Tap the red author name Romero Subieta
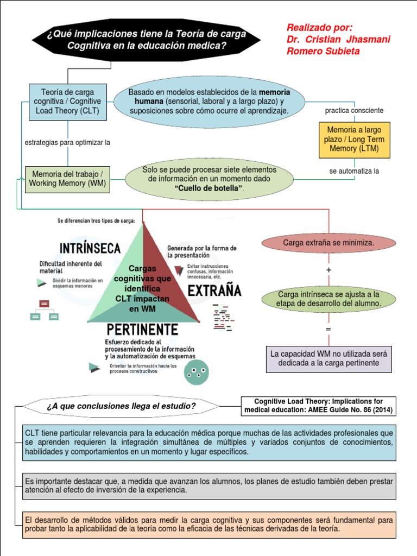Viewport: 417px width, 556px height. tap(323, 51)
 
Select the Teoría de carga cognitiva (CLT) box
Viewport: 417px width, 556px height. tap(67, 102)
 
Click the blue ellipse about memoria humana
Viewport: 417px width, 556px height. tap(209, 102)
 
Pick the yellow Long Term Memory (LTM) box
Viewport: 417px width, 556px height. tap(354, 140)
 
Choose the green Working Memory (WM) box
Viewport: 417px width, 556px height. tap(67, 179)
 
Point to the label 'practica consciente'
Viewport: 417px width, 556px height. tap(354, 110)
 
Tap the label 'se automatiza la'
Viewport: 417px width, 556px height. tap(354, 171)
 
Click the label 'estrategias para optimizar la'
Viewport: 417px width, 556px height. tap(68, 142)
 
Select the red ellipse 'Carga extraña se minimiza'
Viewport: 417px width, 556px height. tap(328, 243)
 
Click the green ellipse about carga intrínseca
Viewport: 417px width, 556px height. tap(328, 299)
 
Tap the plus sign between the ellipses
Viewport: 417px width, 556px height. tap(328, 270)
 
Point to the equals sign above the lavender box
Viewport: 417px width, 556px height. tap(328, 330)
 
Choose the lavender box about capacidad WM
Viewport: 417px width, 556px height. tap(328, 358)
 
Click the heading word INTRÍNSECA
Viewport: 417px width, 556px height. tap(90, 249)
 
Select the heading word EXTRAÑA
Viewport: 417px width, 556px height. tap(214, 291)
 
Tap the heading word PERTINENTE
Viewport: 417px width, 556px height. tap(142, 330)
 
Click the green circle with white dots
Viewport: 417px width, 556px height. tap(196, 373)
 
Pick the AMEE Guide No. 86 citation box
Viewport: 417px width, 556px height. tap(318, 406)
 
